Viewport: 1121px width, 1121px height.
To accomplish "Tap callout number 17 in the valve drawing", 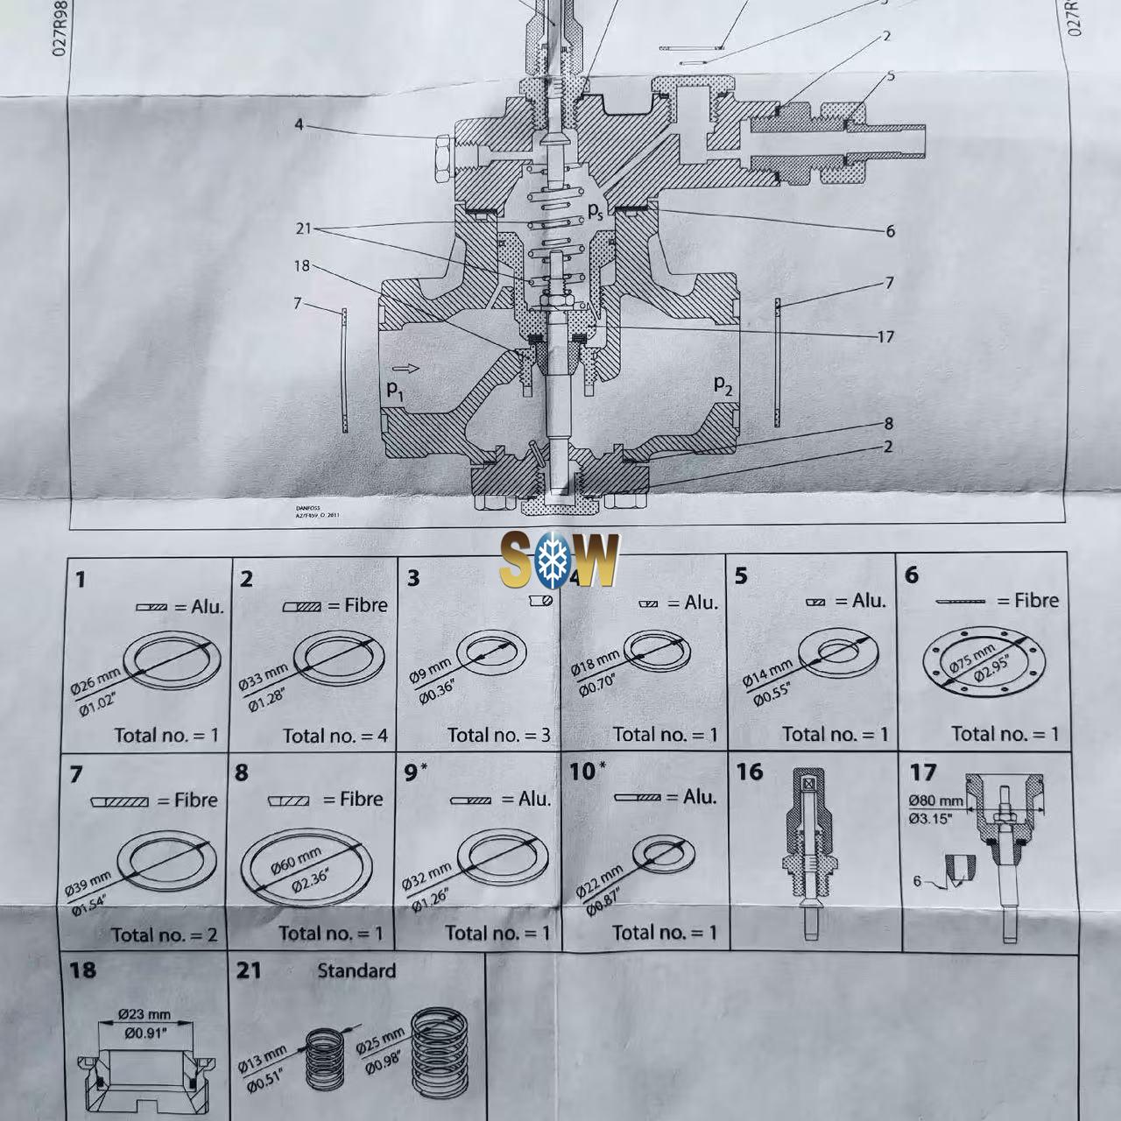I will coord(885,336).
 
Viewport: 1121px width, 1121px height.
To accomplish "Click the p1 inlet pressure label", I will coord(396,389).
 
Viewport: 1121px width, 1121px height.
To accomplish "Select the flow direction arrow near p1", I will coord(405,369).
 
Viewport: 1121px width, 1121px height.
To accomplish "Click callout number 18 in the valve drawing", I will coord(301,266).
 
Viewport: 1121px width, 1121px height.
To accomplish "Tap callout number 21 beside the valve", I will coord(303,229).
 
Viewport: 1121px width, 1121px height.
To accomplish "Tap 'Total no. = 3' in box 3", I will coord(499,736).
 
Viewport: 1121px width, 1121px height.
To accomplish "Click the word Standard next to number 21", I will coord(356,970).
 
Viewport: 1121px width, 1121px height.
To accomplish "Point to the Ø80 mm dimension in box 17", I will coord(935,800).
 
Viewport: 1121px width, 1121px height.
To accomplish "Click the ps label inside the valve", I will coord(596,210).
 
